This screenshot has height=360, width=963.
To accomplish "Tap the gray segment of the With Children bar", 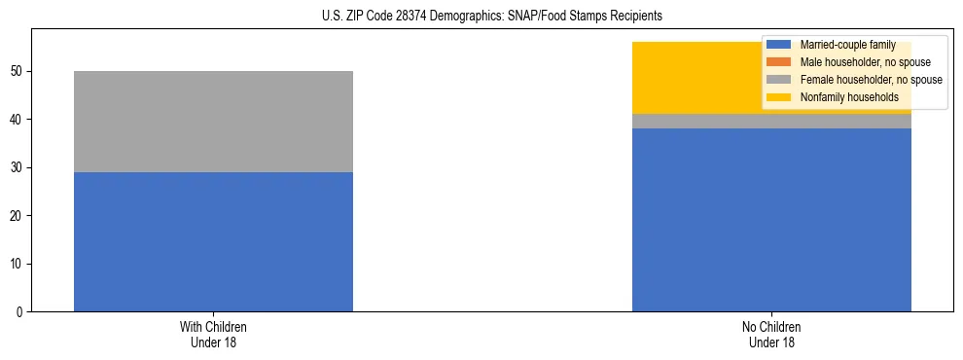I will [x=213, y=122].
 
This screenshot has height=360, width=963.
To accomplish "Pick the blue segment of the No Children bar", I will [x=771, y=220].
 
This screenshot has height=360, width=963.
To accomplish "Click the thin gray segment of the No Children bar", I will [x=771, y=122].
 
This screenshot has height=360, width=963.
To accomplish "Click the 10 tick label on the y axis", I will [x=19, y=264].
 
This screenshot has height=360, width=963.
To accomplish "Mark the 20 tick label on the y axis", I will [x=19, y=216].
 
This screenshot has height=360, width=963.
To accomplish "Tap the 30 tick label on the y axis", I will [x=19, y=167].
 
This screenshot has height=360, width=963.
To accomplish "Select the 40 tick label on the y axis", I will [x=19, y=120].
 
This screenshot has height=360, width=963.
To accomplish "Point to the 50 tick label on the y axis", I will [x=19, y=72].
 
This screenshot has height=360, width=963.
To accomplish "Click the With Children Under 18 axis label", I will [x=213, y=335].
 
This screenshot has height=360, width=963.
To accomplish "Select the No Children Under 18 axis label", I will [x=771, y=335].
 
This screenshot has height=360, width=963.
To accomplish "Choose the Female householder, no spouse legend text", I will [x=871, y=80].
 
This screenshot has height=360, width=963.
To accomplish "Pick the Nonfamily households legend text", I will [x=849, y=97].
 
